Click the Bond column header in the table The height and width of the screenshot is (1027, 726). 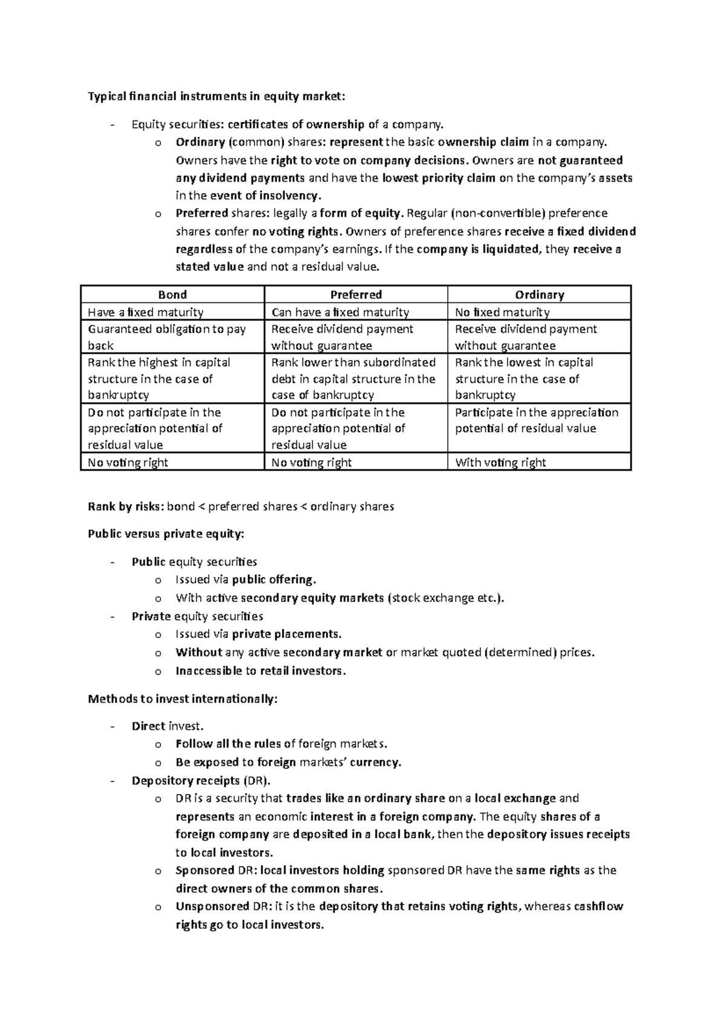click(x=172, y=295)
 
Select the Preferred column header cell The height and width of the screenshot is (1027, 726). click(x=356, y=295)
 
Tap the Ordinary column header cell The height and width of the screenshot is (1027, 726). click(x=539, y=295)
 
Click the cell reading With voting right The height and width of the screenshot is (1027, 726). click(x=500, y=463)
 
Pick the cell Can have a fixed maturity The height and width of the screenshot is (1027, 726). click(x=340, y=312)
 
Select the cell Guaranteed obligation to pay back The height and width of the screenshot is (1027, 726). click(x=167, y=337)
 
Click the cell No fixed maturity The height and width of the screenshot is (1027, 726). click(x=502, y=312)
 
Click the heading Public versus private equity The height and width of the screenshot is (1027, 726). click(x=166, y=534)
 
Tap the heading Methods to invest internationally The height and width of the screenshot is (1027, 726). click(x=183, y=699)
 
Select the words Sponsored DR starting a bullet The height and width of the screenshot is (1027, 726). click(x=213, y=870)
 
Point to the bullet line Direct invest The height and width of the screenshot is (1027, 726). click(x=168, y=726)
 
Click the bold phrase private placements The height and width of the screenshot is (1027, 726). click(x=287, y=634)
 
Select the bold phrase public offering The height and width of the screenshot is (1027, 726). click(x=273, y=579)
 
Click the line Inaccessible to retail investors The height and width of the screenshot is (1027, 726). click(x=261, y=671)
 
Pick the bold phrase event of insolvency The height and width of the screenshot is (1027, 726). click(x=266, y=195)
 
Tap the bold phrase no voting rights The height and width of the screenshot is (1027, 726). click(x=297, y=231)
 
